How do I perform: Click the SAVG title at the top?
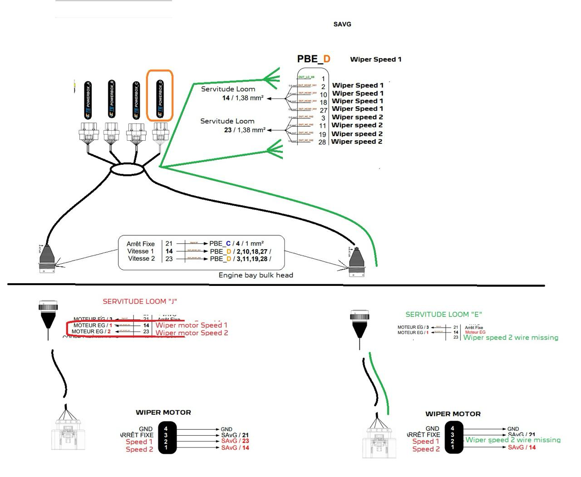coord(342,24)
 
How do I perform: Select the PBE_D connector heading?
coord(314,59)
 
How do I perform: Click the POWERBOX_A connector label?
coord(88,100)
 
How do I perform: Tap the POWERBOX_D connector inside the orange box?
coord(160,99)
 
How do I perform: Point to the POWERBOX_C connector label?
coord(136,100)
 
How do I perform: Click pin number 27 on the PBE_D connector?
coord(323,110)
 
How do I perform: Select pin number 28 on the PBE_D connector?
coord(322,142)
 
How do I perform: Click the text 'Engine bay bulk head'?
coord(256,275)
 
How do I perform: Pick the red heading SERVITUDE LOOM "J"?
coord(140,301)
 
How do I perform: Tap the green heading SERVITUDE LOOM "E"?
coord(443,315)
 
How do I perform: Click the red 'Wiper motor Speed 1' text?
coord(191,325)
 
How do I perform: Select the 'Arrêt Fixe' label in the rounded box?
coord(141,244)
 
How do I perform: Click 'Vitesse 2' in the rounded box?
coord(141,259)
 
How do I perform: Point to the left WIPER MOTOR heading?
coord(163,413)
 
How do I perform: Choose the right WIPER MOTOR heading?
coord(453,414)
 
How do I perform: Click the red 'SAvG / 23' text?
coord(235,441)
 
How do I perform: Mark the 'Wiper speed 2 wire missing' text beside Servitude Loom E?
coord(510,338)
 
